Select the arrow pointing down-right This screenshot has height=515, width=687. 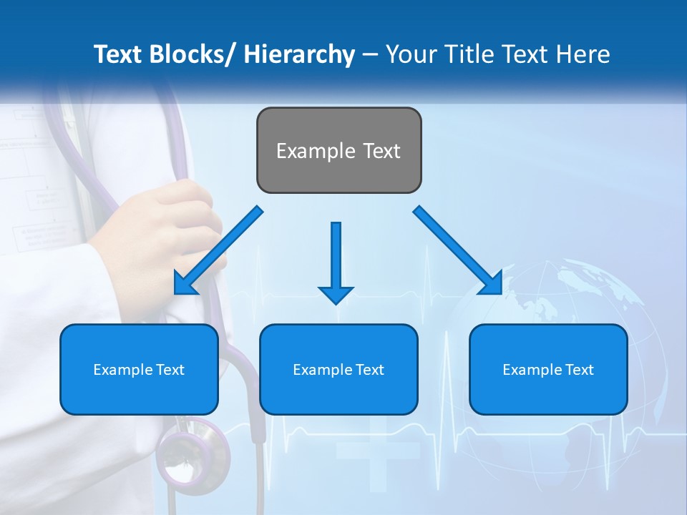pos(459,251)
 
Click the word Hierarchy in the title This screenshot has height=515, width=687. pos(299,54)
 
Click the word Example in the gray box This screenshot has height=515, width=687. pos(316,151)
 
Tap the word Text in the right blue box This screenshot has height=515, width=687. pos(580,370)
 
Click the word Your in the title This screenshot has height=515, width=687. pos(409,54)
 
